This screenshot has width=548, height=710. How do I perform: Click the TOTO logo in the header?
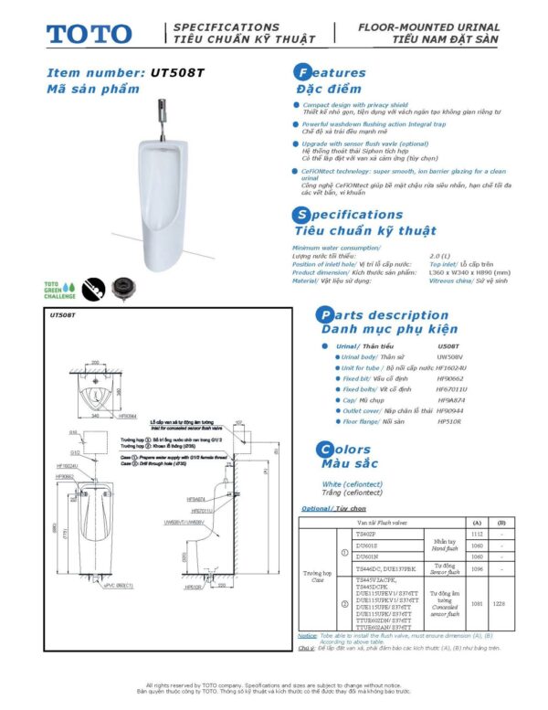pyautogui.click(x=90, y=34)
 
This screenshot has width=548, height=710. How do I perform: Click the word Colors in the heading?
pyautogui.click(x=356, y=450)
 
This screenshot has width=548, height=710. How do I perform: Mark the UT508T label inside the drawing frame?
pyautogui.click(x=62, y=316)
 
